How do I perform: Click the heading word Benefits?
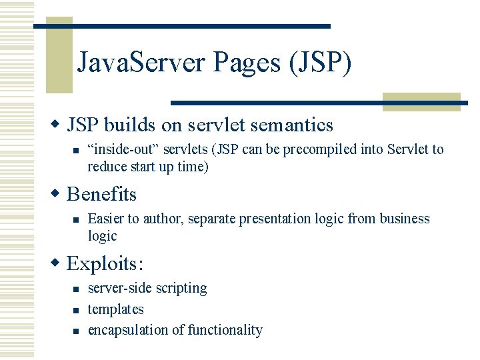(101, 194)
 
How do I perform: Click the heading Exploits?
(105, 263)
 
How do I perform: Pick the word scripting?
(181, 288)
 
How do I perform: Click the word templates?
(116, 309)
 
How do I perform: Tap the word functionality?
(225, 330)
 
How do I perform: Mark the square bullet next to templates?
(77, 310)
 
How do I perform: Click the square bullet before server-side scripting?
(77, 289)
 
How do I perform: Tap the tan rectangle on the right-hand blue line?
(422, 102)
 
